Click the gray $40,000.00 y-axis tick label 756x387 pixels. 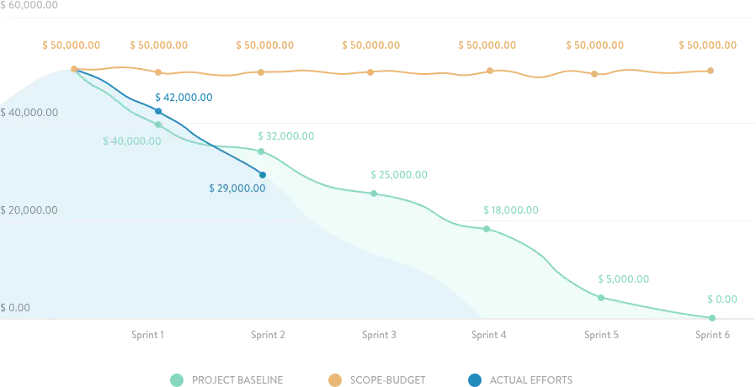click(29, 112)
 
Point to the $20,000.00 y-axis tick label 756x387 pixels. click(29, 209)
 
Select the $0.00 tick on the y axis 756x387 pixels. click(15, 308)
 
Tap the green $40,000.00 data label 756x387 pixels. click(132, 141)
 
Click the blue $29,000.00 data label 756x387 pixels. click(237, 188)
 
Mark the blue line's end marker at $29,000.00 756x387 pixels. click(263, 175)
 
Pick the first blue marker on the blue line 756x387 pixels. click(158, 111)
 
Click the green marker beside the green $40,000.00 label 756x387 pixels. click(158, 125)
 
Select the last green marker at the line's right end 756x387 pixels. click(712, 318)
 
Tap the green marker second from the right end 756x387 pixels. click(600, 297)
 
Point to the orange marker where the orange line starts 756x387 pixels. click(74, 69)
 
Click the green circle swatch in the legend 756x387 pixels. click(176, 379)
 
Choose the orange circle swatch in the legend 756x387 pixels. click(334, 379)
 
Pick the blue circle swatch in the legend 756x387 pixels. click(476, 379)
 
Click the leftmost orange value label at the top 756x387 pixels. click(72, 45)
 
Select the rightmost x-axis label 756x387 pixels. click(712, 337)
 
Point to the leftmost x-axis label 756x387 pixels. click(147, 337)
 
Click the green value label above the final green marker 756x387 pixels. click(722, 300)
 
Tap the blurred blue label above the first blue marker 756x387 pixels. click(184, 97)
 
